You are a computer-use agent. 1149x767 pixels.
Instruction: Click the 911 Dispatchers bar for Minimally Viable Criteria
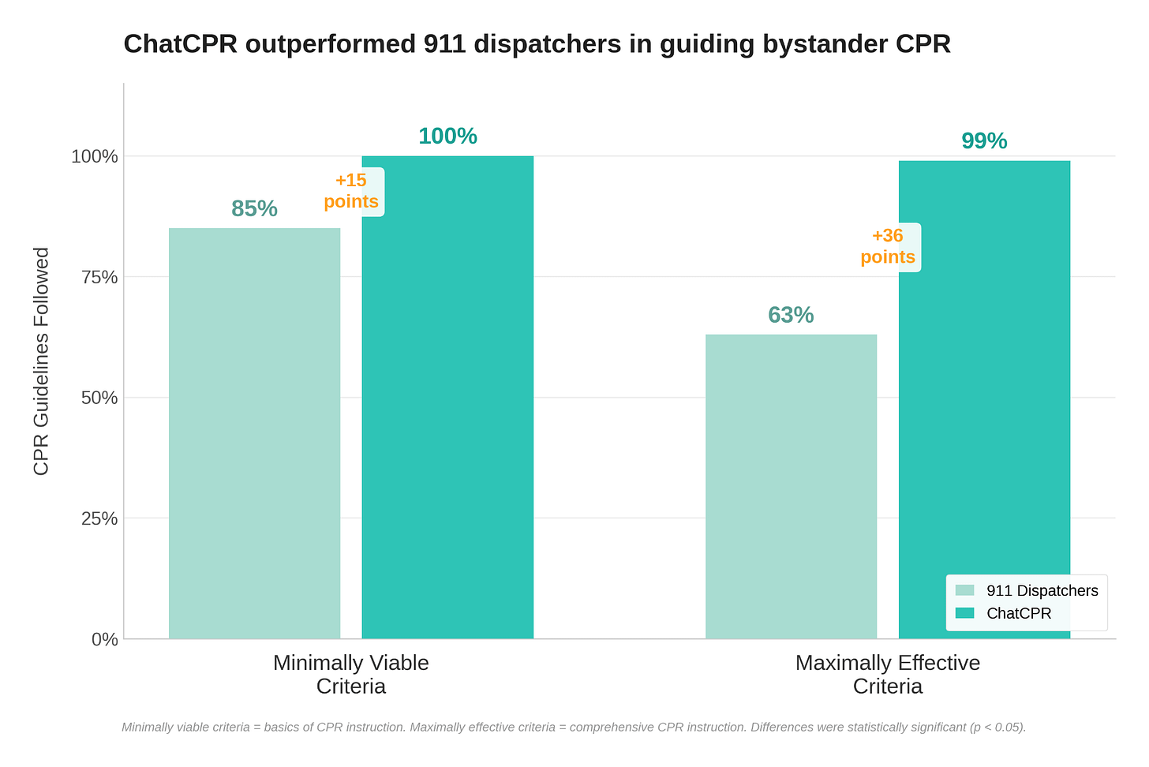pyautogui.click(x=254, y=433)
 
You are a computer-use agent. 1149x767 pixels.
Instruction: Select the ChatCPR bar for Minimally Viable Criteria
pyautogui.click(x=447, y=398)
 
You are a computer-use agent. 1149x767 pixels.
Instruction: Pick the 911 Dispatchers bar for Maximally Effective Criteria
pyautogui.click(x=791, y=487)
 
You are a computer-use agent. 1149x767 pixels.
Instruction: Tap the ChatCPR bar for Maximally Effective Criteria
pyautogui.click(x=984, y=400)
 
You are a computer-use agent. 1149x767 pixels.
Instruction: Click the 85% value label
pyautogui.click(x=254, y=209)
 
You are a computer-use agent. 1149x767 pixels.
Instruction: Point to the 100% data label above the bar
pyautogui.click(x=447, y=137)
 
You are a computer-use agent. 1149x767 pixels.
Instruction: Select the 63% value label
pyautogui.click(x=791, y=315)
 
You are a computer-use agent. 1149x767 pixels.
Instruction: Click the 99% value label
pyautogui.click(x=984, y=141)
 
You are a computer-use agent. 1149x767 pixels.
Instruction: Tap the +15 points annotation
pyautogui.click(x=351, y=191)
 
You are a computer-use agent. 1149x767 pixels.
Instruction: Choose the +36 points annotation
pyautogui.click(x=888, y=246)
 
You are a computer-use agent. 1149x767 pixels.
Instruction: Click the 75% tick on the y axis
pyautogui.click(x=99, y=278)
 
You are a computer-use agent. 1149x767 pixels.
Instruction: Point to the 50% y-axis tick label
pyautogui.click(x=99, y=398)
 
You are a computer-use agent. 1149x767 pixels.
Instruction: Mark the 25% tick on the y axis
pyautogui.click(x=99, y=519)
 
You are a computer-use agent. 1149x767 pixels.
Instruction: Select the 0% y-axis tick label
pyautogui.click(x=105, y=640)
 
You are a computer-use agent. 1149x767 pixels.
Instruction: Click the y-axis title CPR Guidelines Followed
pyautogui.click(x=41, y=361)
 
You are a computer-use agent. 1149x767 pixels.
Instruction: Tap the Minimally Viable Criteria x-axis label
pyautogui.click(x=351, y=675)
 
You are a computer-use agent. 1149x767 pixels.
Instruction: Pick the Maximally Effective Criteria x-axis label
pyautogui.click(x=888, y=675)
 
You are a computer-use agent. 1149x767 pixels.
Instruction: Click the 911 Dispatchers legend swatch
pyautogui.click(x=965, y=590)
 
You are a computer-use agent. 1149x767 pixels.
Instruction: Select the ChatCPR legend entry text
pyautogui.click(x=1020, y=613)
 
